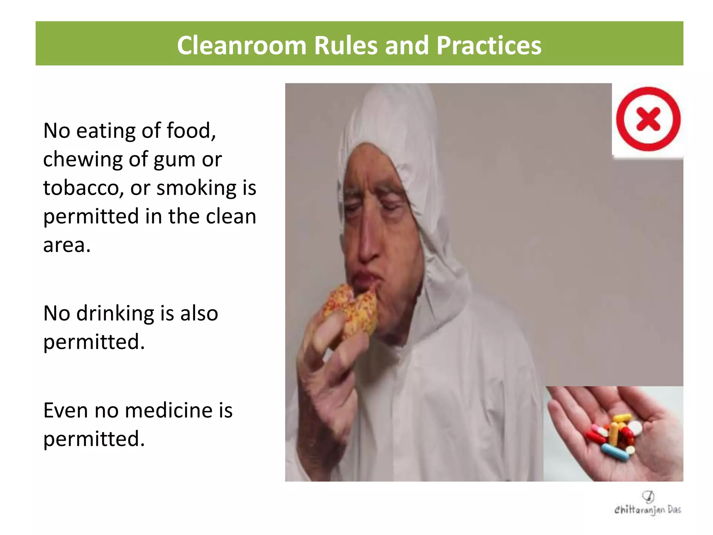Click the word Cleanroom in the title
(x=241, y=46)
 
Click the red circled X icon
(x=648, y=119)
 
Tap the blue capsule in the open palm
(x=616, y=452)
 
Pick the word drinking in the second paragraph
(x=115, y=313)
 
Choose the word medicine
(x=169, y=410)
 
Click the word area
(x=66, y=245)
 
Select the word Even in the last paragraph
(x=65, y=410)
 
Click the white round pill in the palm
(x=635, y=427)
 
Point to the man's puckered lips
(x=364, y=279)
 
